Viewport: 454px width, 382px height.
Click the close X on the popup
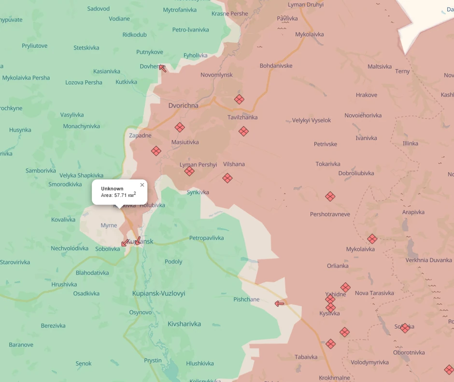point(142,185)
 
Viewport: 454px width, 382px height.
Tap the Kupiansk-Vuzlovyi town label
point(158,294)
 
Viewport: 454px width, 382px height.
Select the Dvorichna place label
point(183,105)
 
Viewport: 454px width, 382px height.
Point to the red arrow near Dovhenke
point(163,69)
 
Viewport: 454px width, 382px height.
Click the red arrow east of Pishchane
point(279,304)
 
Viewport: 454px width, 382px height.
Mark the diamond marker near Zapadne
point(156,151)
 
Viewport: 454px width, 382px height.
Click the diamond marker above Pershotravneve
point(330,196)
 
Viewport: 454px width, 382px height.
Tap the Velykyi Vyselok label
point(312,120)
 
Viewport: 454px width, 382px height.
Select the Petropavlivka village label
point(206,238)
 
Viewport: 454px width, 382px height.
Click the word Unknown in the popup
point(112,189)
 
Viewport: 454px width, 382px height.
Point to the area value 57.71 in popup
point(121,195)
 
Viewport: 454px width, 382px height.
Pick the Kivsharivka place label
point(184,324)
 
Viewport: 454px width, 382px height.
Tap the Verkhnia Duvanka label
point(428,260)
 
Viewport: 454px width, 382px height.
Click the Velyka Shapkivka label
point(81,176)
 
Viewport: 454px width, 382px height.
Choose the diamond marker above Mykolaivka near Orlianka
point(372,239)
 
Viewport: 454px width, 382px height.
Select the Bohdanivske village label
point(276,66)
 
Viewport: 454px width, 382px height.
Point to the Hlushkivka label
point(199,364)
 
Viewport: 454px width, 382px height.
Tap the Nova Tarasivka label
point(374,293)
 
